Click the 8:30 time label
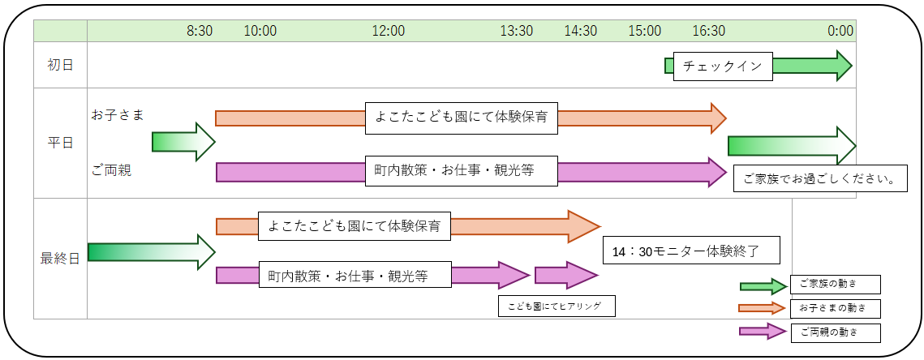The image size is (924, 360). [200, 31]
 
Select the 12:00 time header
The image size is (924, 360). [389, 31]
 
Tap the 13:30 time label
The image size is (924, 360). [517, 31]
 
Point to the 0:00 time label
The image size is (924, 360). [840, 31]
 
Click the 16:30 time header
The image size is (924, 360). [709, 31]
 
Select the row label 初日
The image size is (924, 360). [60, 65]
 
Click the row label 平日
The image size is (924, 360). [60, 144]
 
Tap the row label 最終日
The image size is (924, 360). [60, 259]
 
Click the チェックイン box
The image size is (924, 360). [723, 66]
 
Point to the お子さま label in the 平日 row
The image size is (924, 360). [118, 115]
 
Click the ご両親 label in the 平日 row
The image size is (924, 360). [111, 170]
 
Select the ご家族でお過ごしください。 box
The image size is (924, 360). [819, 178]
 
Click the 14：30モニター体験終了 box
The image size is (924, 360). [692, 251]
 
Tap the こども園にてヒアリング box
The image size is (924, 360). [557, 306]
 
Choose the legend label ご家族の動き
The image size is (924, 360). [836, 284]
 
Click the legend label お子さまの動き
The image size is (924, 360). [836, 308]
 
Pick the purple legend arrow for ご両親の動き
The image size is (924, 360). [763, 331]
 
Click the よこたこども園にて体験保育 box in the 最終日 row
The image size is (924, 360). [355, 226]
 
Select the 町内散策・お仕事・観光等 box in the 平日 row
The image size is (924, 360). [462, 171]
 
